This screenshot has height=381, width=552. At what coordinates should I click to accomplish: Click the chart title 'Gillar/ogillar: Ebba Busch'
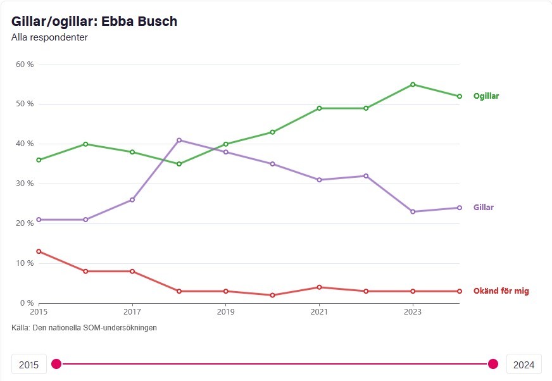coord(94,22)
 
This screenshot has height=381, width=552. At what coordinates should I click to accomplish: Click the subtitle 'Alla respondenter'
coord(49,37)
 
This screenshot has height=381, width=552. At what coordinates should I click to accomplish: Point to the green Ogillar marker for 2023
coord(413,84)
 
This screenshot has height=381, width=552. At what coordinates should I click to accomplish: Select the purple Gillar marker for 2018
coord(179,140)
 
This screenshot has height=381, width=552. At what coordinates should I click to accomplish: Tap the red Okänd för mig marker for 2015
coord(39,251)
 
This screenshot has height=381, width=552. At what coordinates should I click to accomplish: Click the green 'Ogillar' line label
coord(486,96)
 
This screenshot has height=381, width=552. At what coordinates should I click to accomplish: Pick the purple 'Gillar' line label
coord(484,208)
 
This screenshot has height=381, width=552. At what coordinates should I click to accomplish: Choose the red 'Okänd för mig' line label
coord(501,291)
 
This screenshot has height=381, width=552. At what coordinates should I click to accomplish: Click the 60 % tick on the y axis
coord(25,65)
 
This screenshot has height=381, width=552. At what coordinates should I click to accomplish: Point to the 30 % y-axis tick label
coord(25,184)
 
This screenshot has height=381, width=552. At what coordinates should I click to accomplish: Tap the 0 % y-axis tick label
coord(27,303)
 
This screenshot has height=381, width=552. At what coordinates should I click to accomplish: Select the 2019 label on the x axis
coord(226,311)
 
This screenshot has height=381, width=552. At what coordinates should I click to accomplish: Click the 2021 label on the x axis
coord(320,311)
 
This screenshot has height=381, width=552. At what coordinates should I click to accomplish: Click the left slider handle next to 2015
coord(56,364)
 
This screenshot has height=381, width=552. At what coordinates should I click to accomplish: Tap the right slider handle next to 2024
coord(493,364)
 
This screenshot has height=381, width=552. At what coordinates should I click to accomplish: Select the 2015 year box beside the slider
coord(29,365)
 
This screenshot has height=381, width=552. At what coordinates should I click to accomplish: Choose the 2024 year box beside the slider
coord(524,365)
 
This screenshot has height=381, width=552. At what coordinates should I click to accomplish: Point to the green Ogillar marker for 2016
coord(85,144)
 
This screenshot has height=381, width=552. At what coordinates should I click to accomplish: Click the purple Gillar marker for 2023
coord(413,211)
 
